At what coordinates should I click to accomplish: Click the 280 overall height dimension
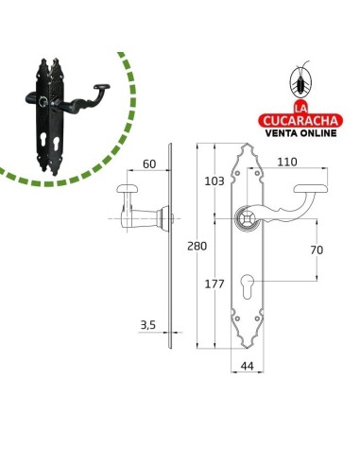(x=197, y=246)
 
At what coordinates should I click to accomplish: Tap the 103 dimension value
(x=214, y=181)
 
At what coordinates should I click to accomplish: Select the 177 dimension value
(x=214, y=284)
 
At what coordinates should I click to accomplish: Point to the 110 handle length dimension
(x=287, y=162)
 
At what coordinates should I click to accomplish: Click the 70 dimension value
(x=317, y=250)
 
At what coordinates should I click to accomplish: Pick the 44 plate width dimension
(x=248, y=366)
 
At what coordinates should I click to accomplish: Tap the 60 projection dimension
(x=149, y=164)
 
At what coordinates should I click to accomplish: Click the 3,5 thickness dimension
(x=148, y=325)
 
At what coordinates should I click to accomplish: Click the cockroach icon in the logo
(x=300, y=81)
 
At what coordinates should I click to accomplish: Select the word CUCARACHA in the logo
(x=300, y=121)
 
